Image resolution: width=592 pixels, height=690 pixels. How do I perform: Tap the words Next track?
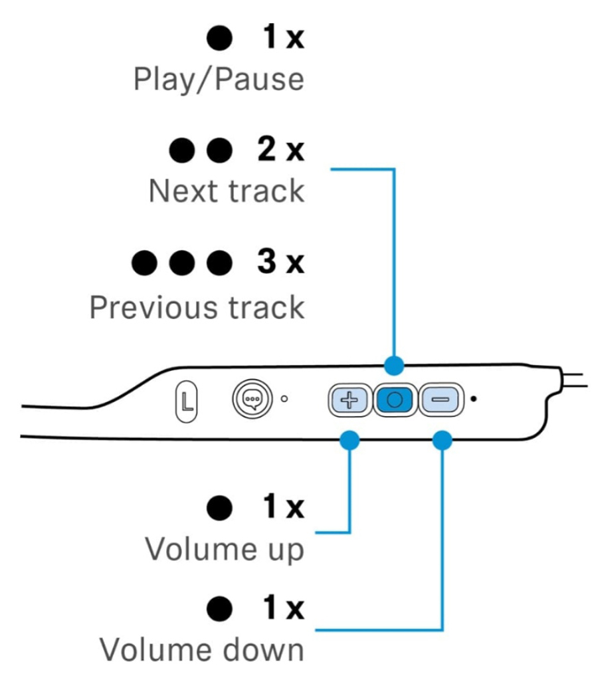pos(227,191)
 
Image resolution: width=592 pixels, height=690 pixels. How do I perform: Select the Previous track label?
pos(197,307)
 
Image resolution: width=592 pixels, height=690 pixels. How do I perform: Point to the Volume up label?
pos(225,549)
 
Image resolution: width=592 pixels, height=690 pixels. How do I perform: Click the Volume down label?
pos(202,649)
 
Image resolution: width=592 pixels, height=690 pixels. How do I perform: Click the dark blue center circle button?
pos(395,400)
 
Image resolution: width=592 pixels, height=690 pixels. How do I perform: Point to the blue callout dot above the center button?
pos(395,364)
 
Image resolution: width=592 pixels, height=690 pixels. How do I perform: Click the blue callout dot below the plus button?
pos(349,439)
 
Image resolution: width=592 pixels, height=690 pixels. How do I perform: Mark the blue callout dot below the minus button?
pos(443,439)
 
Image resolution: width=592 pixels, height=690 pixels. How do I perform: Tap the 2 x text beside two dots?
pos(280,151)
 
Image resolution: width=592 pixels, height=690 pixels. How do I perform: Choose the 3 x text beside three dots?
pos(280,263)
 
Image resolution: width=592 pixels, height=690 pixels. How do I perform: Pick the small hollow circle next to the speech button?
pos(284,399)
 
